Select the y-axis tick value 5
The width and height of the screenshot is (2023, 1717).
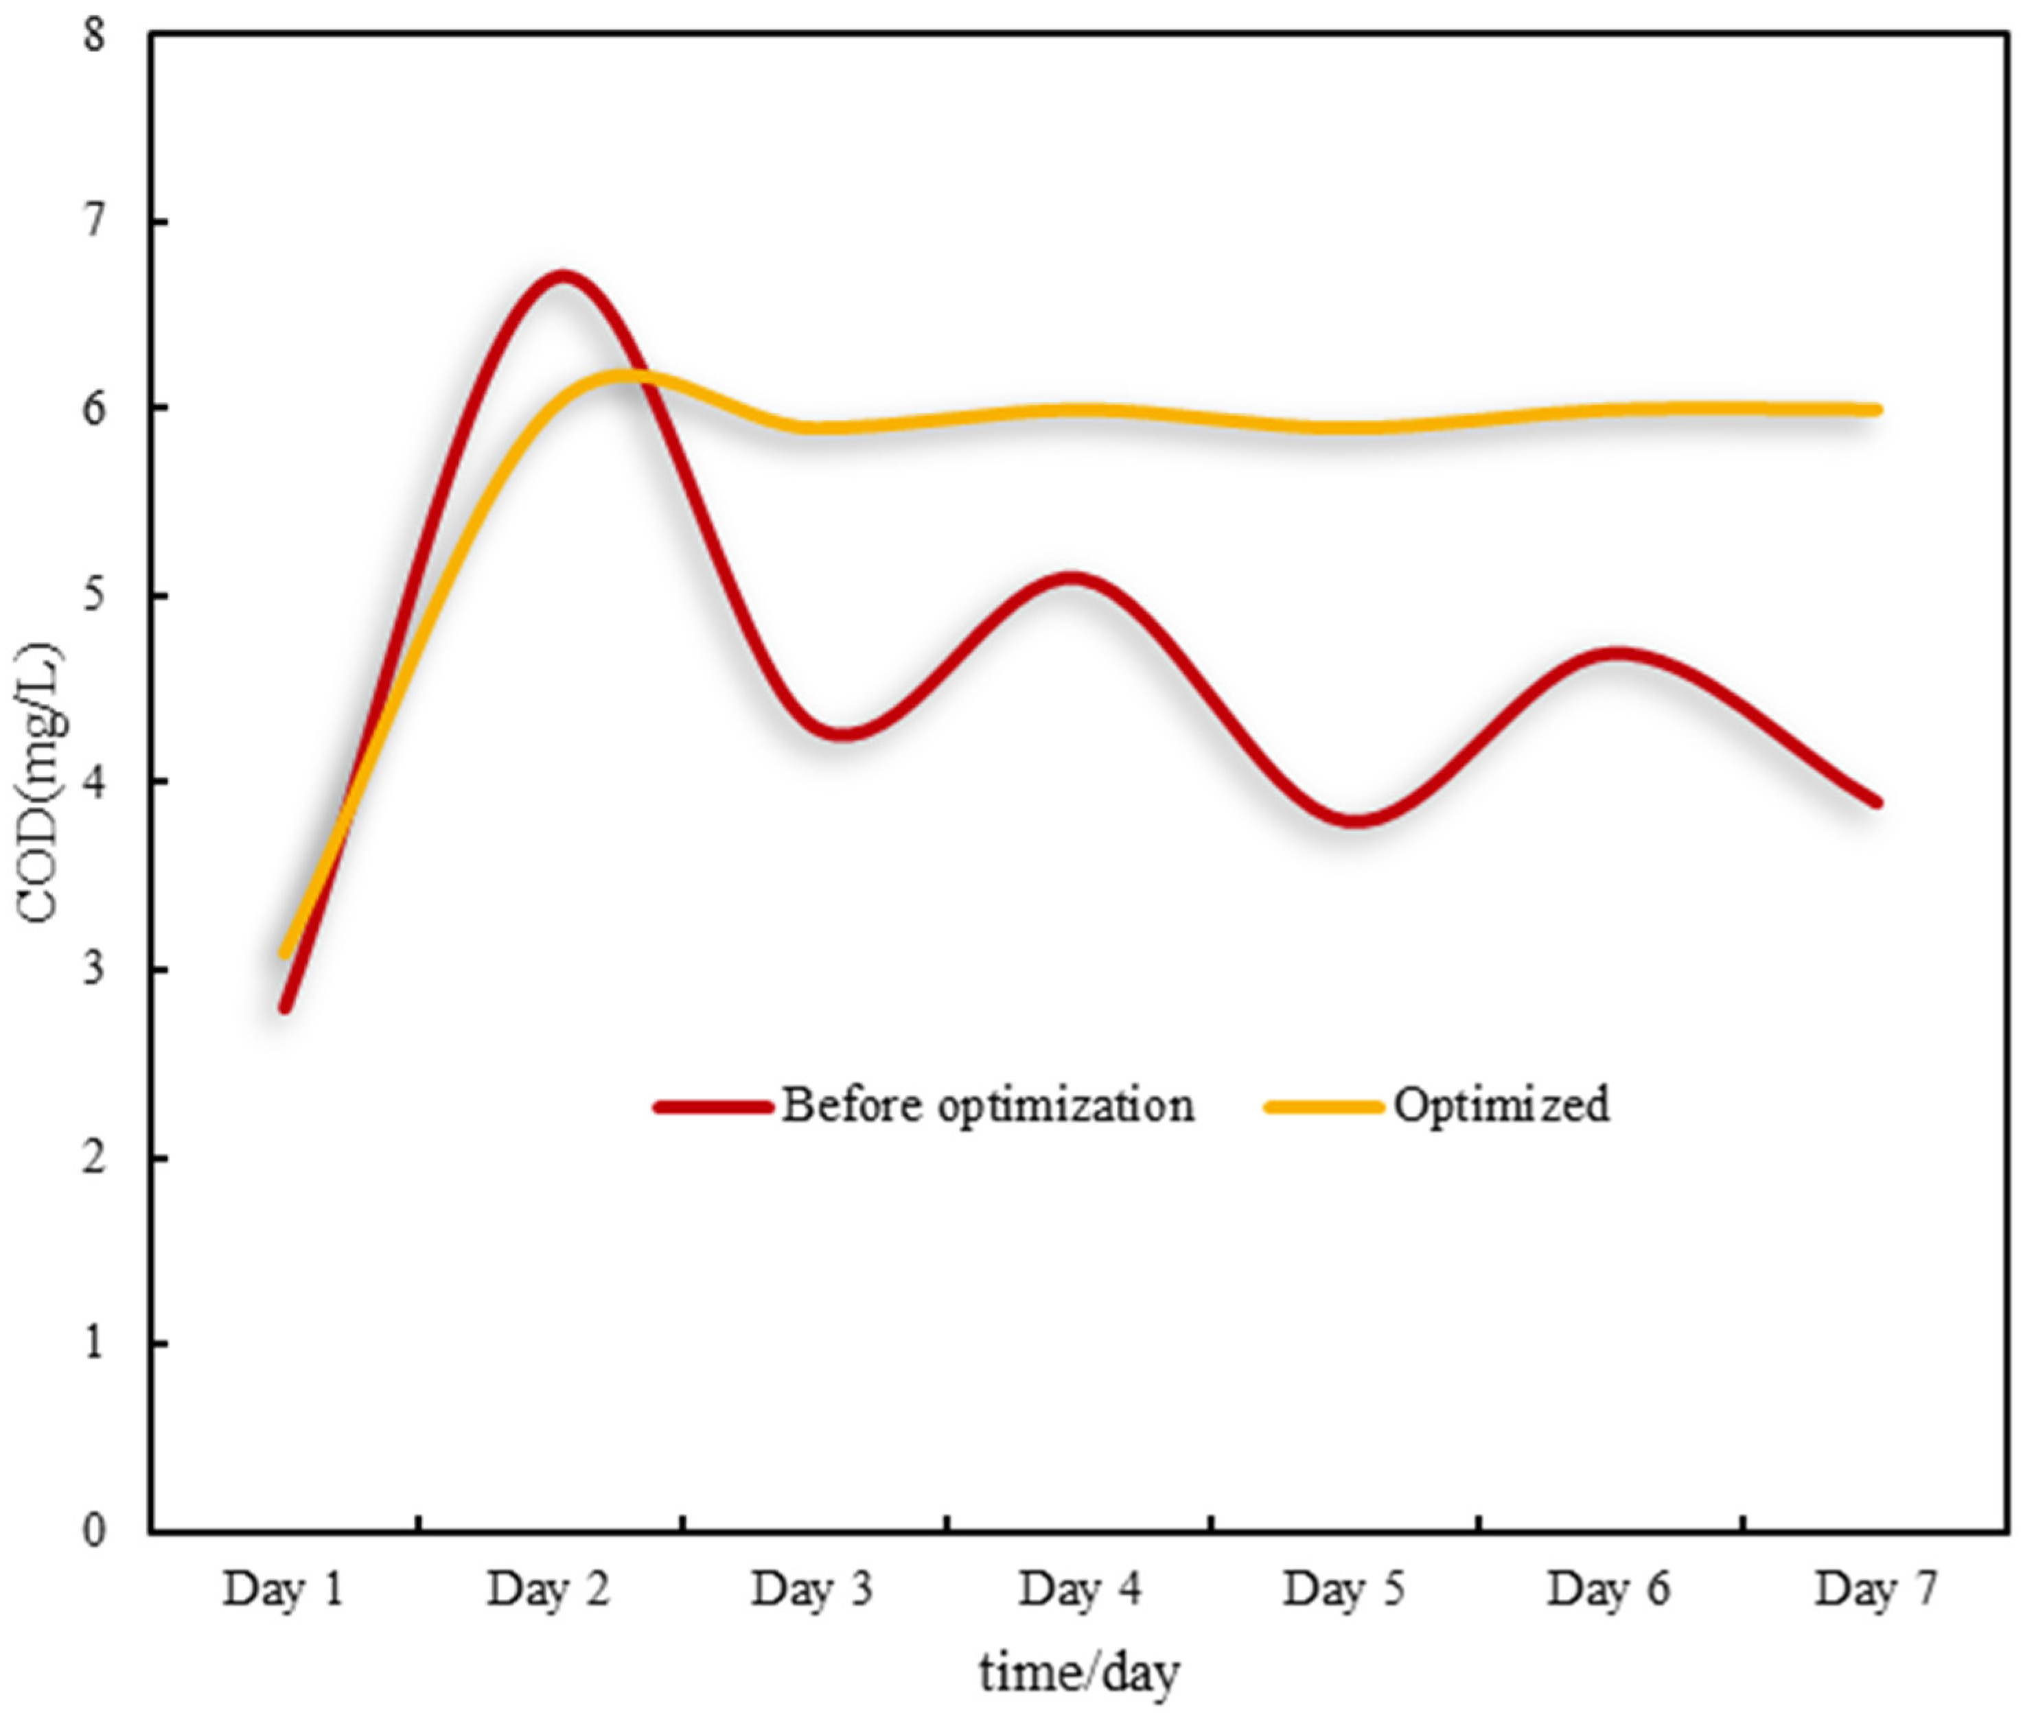(x=95, y=596)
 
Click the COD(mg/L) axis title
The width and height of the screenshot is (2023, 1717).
(x=41, y=784)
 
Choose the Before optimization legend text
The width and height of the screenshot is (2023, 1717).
(x=987, y=1105)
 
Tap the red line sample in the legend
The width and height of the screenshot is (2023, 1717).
(x=714, y=1107)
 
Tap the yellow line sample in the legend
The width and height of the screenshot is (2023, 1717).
(x=1322, y=1107)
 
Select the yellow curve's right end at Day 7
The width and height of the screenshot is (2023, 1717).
(x=1876, y=410)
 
